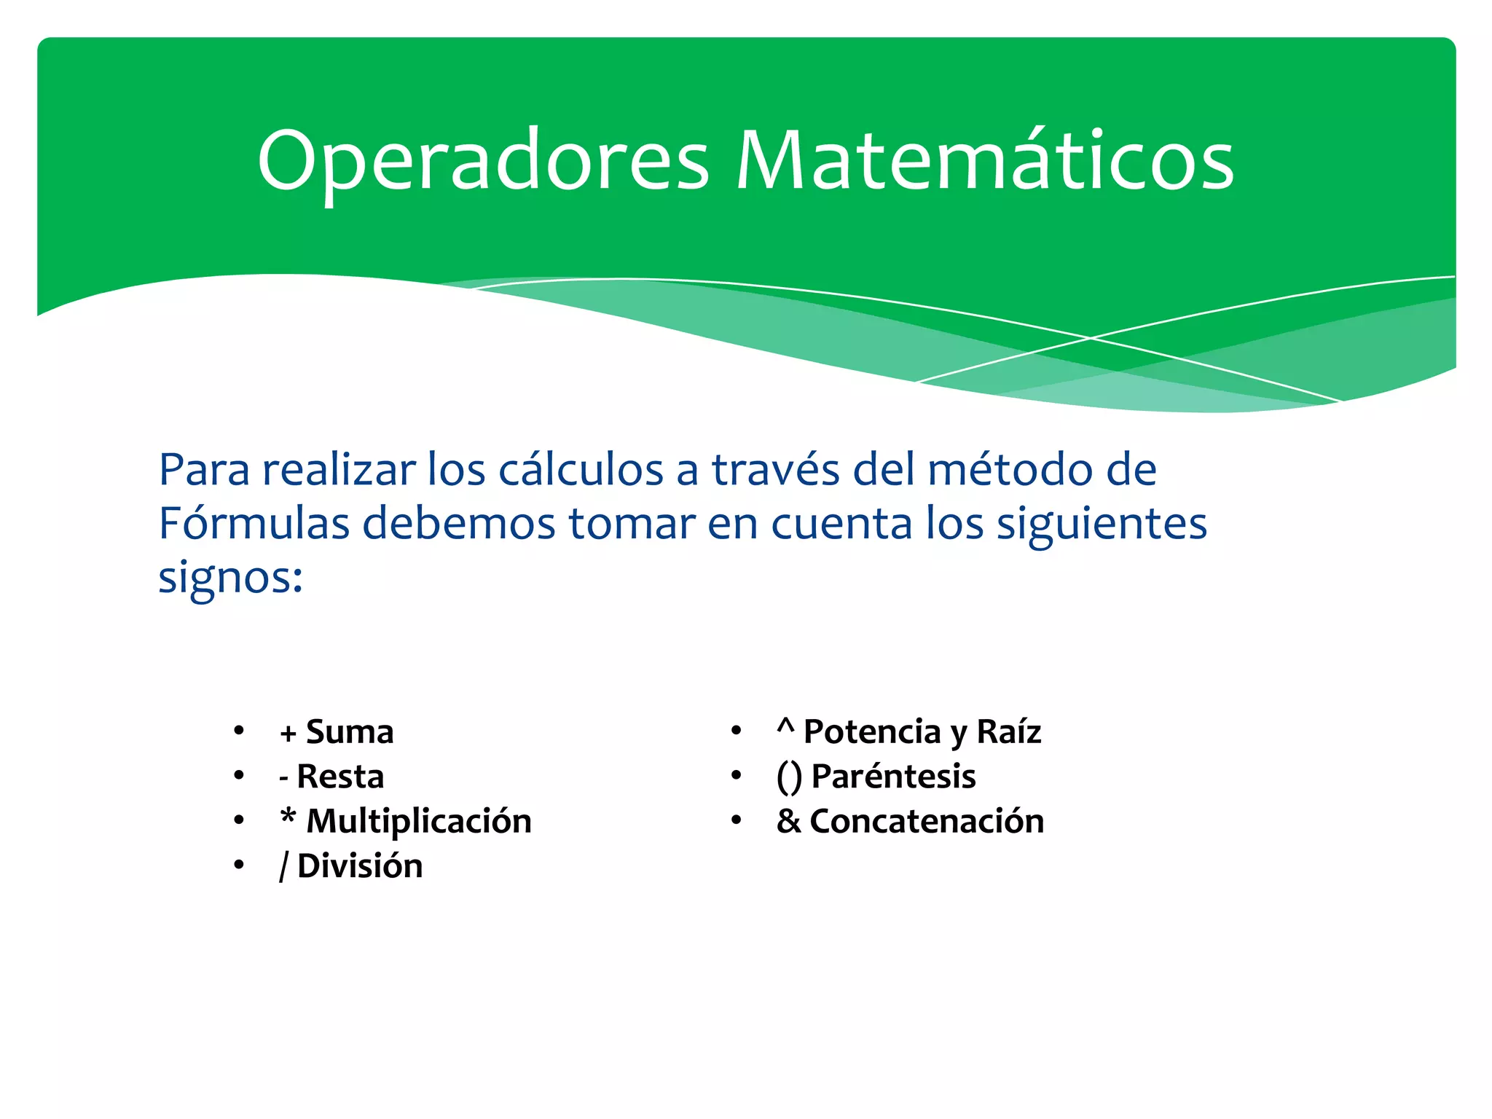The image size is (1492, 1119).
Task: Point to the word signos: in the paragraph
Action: [x=230, y=578]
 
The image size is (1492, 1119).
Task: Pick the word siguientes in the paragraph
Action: [x=1101, y=525]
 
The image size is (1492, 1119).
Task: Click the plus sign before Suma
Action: [x=288, y=734]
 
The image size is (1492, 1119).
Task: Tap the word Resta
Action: [x=340, y=777]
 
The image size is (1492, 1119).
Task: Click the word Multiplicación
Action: [x=419, y=822]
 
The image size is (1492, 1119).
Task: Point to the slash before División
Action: [x=284, y=866]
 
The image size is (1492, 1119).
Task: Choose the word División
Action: [x=360, y=866]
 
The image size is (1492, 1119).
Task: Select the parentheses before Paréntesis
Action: [x=789, y=777]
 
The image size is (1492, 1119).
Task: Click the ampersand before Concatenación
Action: [x=788, y=822]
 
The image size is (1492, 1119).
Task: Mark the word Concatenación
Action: [x=927, y=822]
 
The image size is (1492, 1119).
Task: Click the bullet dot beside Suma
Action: [x=238, y=730]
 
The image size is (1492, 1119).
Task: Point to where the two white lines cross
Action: [x=1091, y=338]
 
